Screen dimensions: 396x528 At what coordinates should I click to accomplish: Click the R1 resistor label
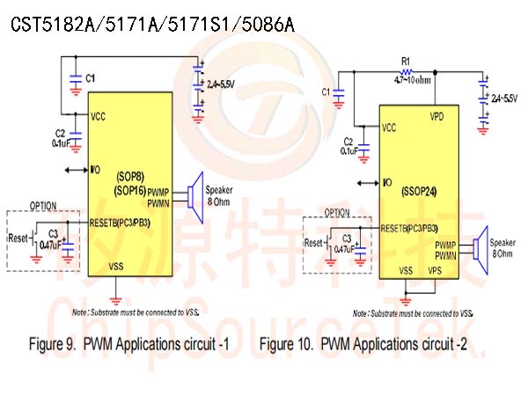click(x=406, y=62)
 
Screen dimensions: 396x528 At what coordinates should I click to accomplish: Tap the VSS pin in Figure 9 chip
click(x=116, y=263)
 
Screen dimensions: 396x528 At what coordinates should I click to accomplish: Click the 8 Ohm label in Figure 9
click(x=218, y=202)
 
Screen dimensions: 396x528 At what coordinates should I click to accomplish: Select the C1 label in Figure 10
click(x=326, y=91)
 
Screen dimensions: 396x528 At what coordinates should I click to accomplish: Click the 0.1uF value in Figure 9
click(x=62, y=143)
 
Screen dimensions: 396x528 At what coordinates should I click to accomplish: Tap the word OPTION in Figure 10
click(x=336, y=213)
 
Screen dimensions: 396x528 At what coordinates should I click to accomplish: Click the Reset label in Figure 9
click(x=18, y=238)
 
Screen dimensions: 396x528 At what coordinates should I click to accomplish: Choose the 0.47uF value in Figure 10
click(x=344, y=250)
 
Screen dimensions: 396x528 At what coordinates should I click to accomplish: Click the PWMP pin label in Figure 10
click(x=447, y=244)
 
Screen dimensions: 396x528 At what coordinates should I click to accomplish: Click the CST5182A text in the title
click(x=44, y=20)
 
